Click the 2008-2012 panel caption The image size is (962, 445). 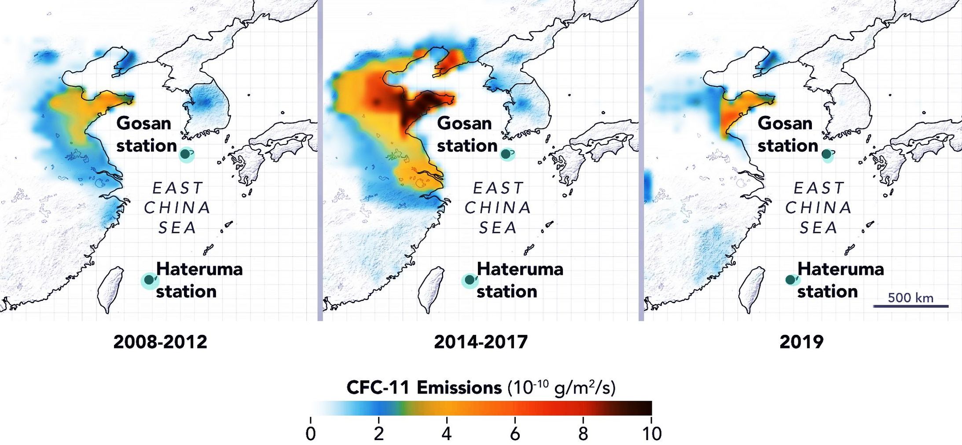(160, 342)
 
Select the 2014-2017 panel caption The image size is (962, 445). (481, 342)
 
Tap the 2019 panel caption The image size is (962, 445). (801, 342)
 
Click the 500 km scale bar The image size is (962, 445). (911, 305)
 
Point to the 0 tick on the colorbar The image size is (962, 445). (311, 433)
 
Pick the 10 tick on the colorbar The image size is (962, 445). (651, 433)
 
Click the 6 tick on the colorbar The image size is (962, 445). (515, 433)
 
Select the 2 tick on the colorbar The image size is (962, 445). (379, 433)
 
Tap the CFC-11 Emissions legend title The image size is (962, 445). (481, 388)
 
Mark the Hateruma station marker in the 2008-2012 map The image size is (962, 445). (149, 280)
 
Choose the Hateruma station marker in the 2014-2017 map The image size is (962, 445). (470, 280)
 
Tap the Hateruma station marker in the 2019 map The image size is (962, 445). (790, 280)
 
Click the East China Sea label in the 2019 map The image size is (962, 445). (819, 208)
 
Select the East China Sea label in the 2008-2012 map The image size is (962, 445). (177, 208)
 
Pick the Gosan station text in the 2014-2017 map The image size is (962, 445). (466, 134)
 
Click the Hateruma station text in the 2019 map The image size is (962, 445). (840, 280)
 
